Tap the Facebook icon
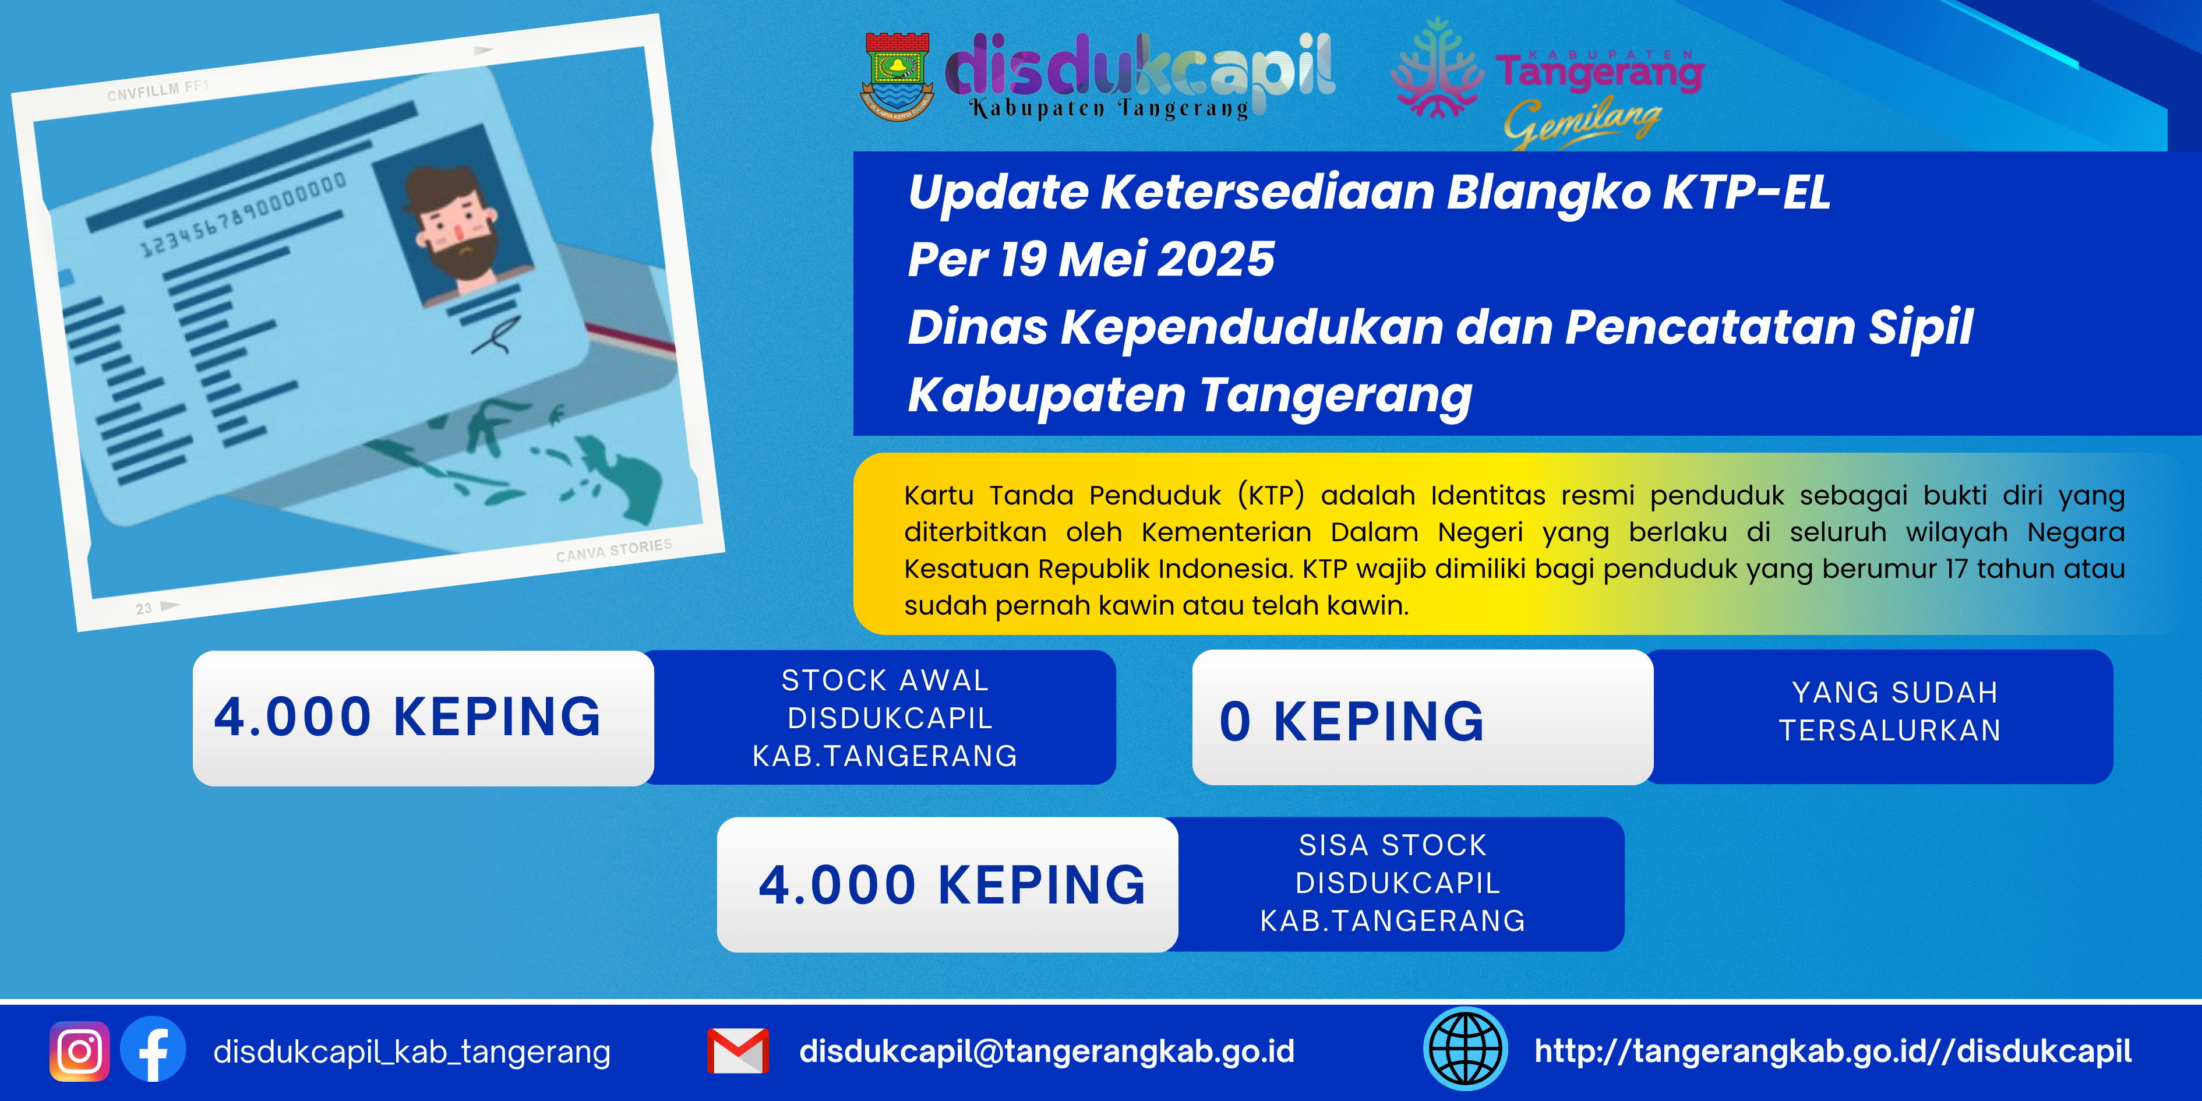tap(153, 1050)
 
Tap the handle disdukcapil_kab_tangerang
tap(412, 1052)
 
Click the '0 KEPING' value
tap(1351, 721)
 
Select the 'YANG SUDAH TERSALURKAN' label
tap(1891, 711)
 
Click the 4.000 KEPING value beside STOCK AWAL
tap(408, 717)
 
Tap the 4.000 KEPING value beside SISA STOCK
tap(952, 885)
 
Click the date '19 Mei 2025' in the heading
tap(1137, 259)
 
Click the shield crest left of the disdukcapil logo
tap(896, 76)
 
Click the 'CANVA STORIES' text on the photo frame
tap(614, 550)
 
